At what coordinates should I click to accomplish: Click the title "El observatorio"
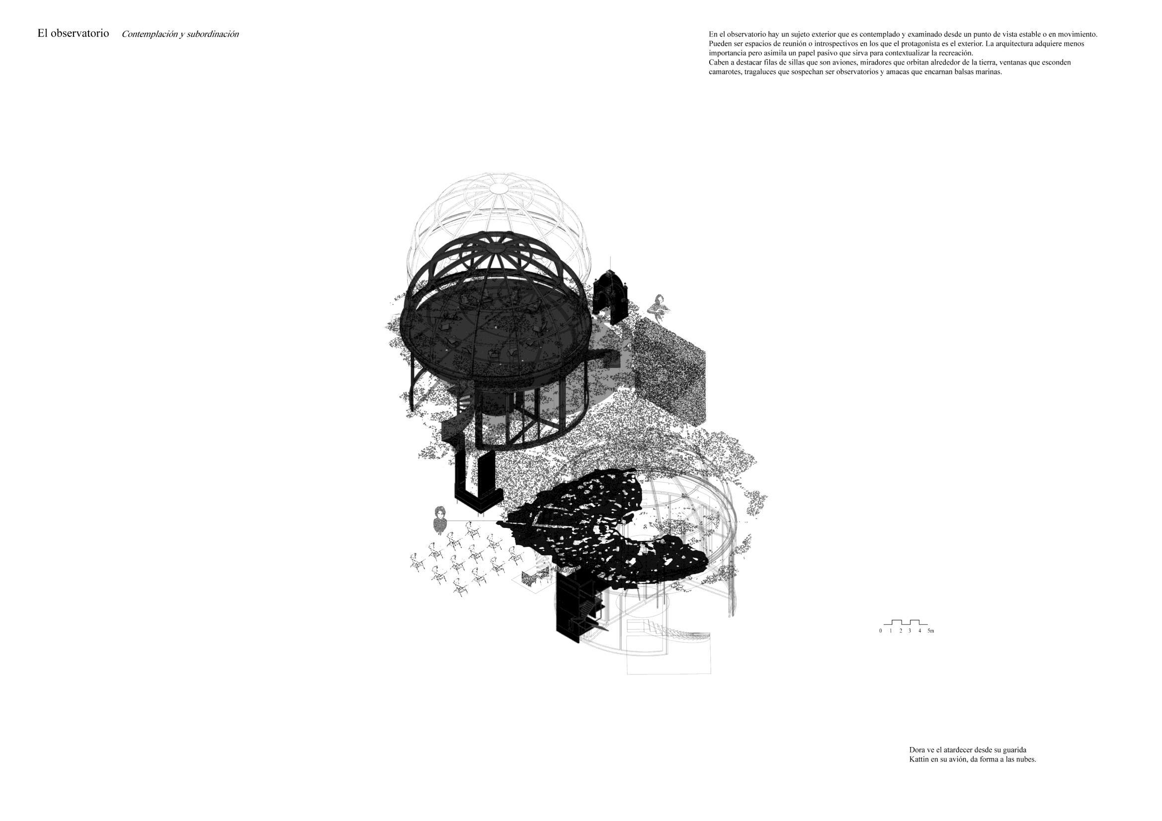[73, 33]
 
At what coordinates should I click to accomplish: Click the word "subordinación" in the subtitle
[213, 34]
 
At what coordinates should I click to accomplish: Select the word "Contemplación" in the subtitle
[149, 34]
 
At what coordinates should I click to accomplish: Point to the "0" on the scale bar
[881, 631]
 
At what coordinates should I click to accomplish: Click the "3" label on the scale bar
[910, 631]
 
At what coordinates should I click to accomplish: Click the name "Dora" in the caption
[917, 749]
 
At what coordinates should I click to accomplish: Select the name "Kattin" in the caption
[919, 759]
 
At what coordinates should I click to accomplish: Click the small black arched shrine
[611, 297]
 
